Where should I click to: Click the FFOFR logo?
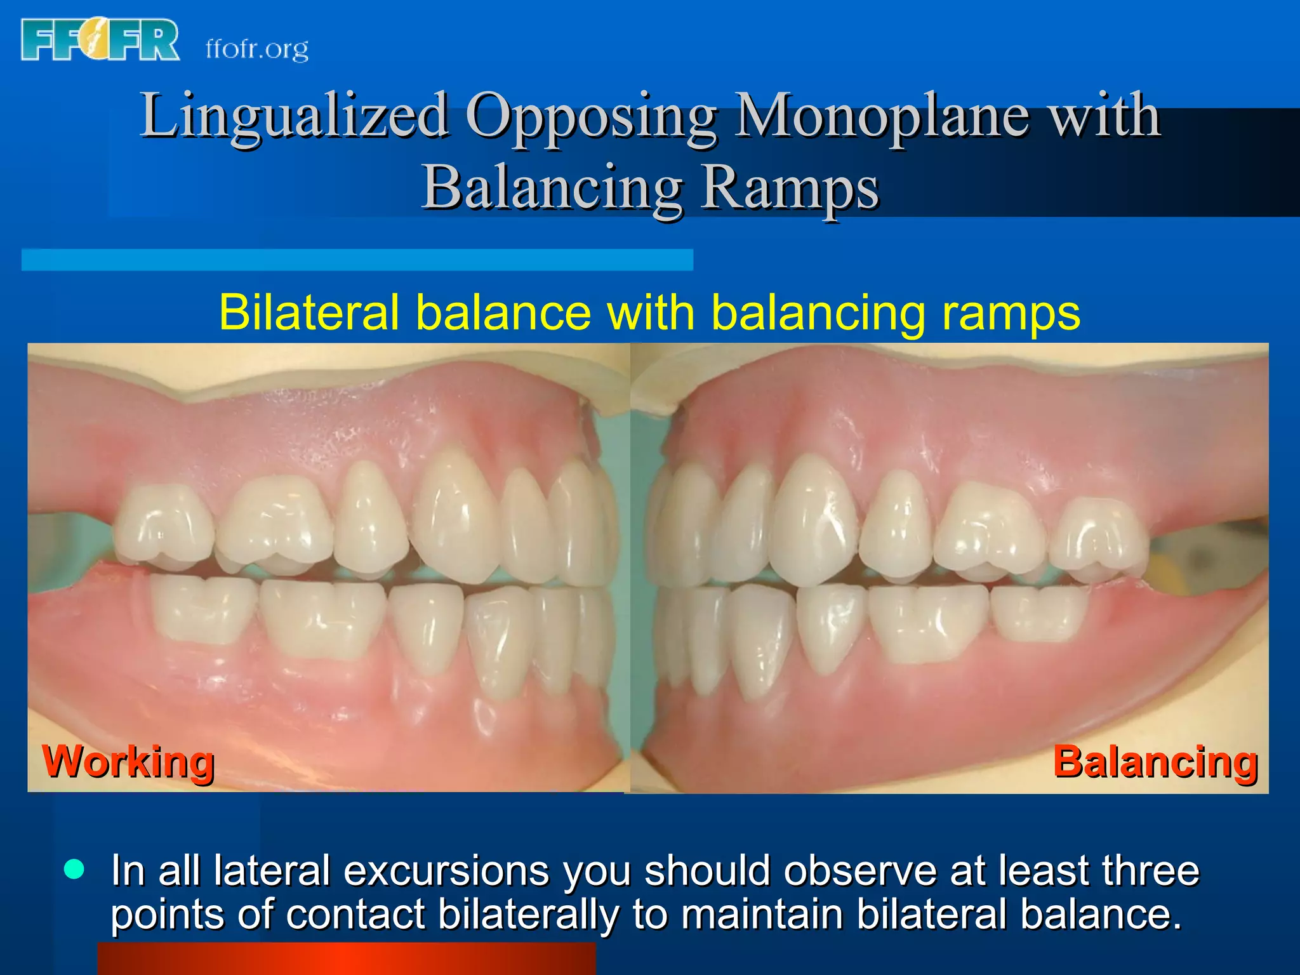click(100, 40)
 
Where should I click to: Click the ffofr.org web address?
click(257, 49)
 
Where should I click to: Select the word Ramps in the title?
click(790, 189)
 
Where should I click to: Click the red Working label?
click(128, 761)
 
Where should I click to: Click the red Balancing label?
click(1155, 761)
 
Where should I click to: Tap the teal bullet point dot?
click(74, 870)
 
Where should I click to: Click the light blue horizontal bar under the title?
click(357, 260)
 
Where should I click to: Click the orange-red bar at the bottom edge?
click(346, 959)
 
